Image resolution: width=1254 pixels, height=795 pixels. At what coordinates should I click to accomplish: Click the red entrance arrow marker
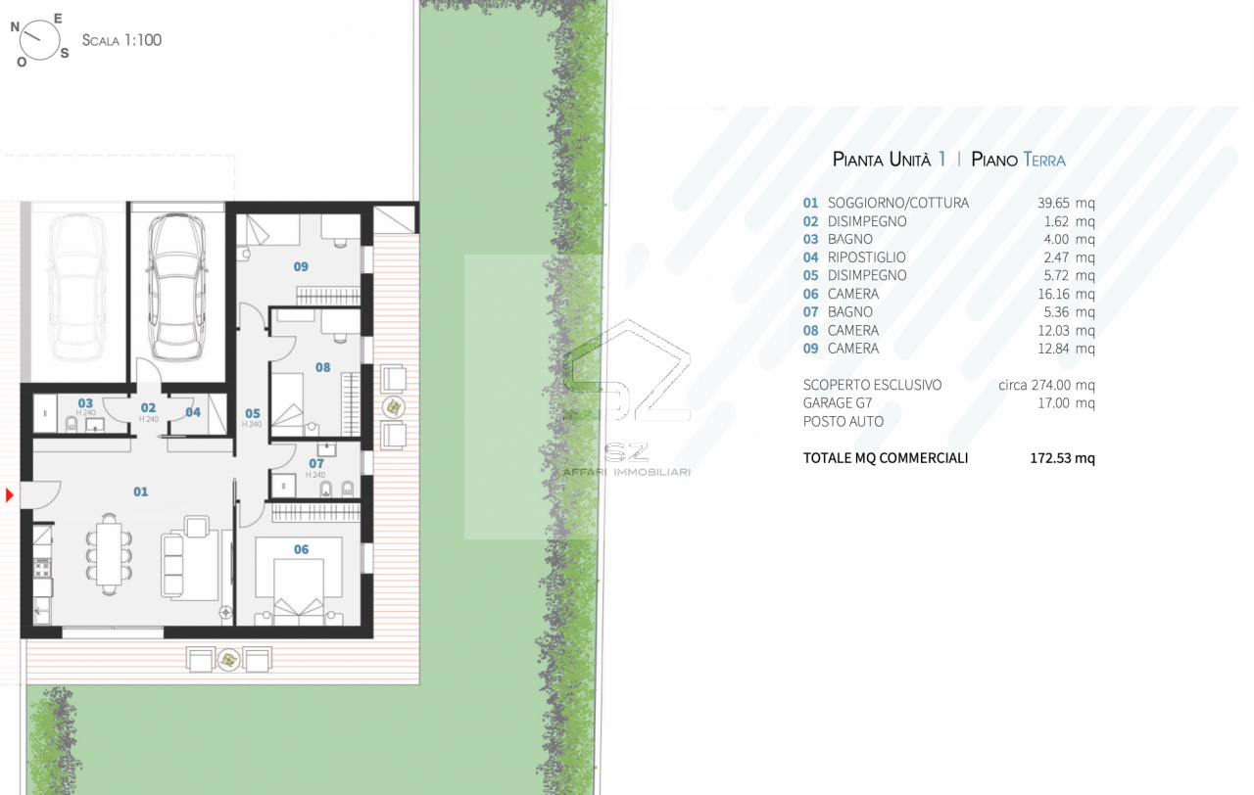[x=9, y=495]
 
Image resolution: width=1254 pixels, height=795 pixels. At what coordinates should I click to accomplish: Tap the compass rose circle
[x=39, y=40]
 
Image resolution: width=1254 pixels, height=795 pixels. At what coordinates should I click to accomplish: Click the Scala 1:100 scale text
[x=121, y=40]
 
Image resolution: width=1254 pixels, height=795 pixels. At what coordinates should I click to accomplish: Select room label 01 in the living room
[x=140, y=491]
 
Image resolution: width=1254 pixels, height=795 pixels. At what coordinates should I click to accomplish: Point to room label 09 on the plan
[x=301, y=267]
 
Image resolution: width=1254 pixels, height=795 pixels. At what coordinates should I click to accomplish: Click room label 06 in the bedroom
[x=301, y=550]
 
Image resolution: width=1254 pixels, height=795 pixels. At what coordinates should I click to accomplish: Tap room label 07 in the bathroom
[x=316, y=464]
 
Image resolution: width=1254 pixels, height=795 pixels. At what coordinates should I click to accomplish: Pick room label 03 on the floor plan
[x=85, y=403]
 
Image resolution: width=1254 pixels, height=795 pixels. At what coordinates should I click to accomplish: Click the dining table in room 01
[x=109, y=554]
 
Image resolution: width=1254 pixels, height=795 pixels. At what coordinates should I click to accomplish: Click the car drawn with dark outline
[x=176, y=287]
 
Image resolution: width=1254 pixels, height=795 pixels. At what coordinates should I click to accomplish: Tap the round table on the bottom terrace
[x=228, y=660]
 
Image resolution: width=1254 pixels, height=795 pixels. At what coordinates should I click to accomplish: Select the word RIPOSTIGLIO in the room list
[x=867, y=257]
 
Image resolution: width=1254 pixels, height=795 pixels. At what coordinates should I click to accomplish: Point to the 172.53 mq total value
[x=1063, y=458]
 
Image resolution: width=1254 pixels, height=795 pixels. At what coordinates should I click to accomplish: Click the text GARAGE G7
[x=838, y=402]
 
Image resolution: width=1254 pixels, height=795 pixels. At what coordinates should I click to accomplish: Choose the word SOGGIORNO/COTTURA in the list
[x=898, y=203]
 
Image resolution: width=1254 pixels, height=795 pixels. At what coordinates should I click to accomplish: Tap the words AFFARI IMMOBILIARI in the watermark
[x=626, y=472]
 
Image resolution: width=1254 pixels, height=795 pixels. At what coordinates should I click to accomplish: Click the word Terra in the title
[x=1044, y=160]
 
